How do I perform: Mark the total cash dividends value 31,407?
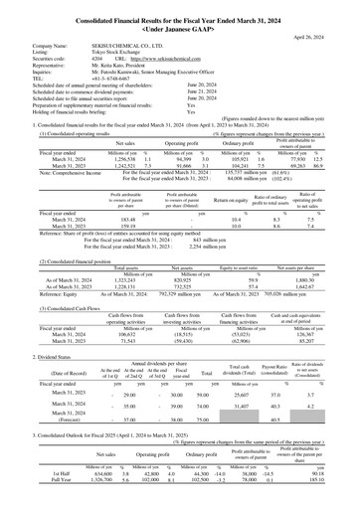246,432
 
